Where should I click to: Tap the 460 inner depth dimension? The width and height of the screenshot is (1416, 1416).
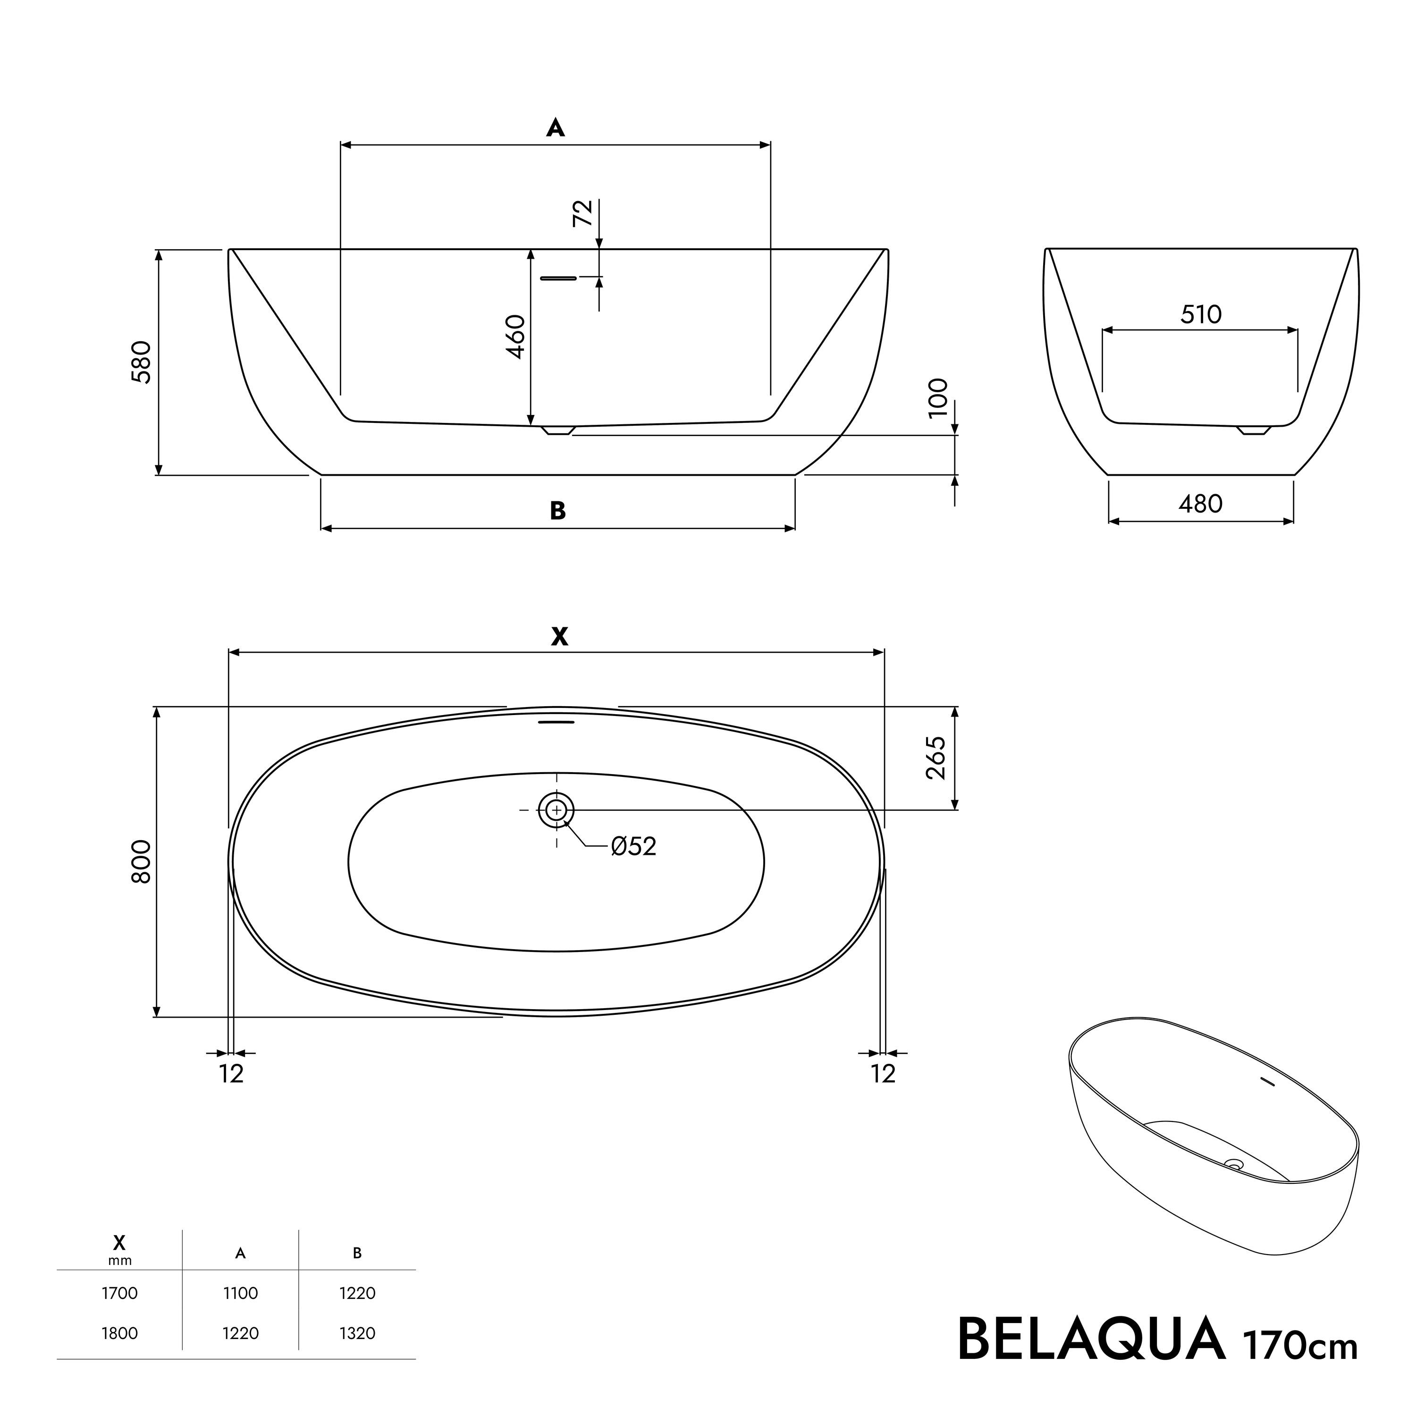pyautogui.click(x=515, y=337)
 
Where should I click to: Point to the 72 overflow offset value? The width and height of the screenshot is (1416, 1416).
pyautogui.click(x=582, y=212)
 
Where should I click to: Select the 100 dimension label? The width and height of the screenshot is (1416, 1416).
pyautogui.click(x=938, y=398)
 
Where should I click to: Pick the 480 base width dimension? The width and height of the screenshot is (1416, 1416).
pyautogui.click(x=1200, y=504)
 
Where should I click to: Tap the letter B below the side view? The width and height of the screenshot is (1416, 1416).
pyautogui.click(x=558, y=511)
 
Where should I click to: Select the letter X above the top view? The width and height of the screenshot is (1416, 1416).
pyautogui.click(x=559, y=637)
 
